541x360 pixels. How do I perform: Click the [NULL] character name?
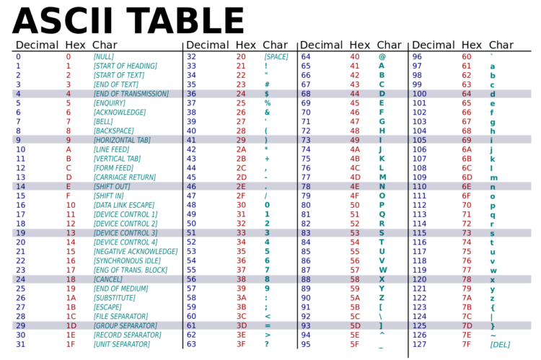pyautogui.click(x=103, y=56)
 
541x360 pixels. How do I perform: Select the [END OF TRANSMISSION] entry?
pyautogui.click(x=131, y=94)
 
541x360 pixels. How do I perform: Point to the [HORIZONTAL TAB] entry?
pyautogui.click(x=122, y=140)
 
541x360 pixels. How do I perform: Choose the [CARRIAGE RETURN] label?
pyautogui.click(x=124, y=177)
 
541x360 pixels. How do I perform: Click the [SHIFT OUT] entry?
pyautogui.click(x=113, y=186)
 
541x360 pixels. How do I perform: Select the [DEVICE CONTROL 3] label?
pyautogui.click(x=126, y=233)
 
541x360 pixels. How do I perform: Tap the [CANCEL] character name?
pyautogui.click(x=107, y=279)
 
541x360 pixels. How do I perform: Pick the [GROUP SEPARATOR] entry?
pyautogui.click(x=125, y=325)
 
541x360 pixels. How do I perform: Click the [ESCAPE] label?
pyautogui.click(x=108, y=307)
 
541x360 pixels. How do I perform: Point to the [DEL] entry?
pyautogui.click(x=499, y=344)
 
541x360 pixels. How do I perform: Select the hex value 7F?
pyautogui.click(x=467, y=344)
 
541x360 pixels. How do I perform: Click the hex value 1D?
pyautogui.click(x=71, y=325)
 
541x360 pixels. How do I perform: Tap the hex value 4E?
pyautogui.click(x=355, y=186)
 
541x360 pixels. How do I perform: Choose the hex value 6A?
pyautogui.click(x=467, y=149)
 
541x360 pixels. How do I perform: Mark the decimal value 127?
pyautogui.click(x=418, y=344)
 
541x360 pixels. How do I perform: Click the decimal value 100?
pyautogui.click(x=418, y=94)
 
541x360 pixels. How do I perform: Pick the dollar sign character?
pyautogui.click(x=266, y=94)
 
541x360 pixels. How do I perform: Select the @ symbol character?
pyautogui.click(x=382, y=56)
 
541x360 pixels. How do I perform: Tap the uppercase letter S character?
pyautogui.click(x=382, y=233)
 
